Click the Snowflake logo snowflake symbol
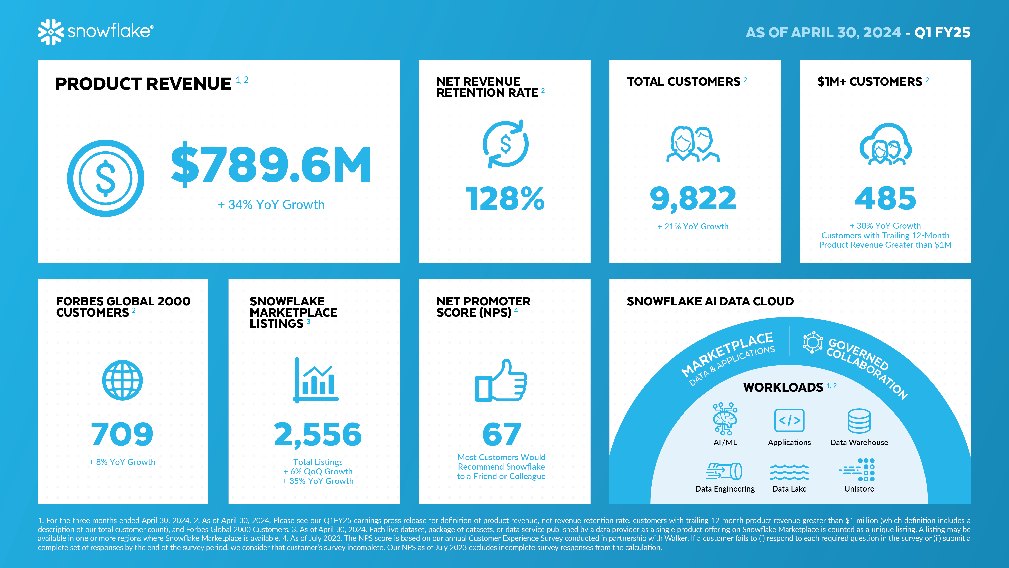tap(50, 32)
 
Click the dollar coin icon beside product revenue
tap(105, 178)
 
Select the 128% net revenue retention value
tap(505, 198)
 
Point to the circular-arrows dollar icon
tap(505, 144)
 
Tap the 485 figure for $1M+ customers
tap(885, 198)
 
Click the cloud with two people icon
tap(885, 145)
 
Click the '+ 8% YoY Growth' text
tap(122, 462)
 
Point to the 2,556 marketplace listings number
tap(318, 434)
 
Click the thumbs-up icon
tap(501, 381)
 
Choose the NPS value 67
tap(502, 434)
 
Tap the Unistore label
tap(859, 489)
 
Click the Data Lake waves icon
tap(789, 472)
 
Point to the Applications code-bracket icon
tap(789, 420)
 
